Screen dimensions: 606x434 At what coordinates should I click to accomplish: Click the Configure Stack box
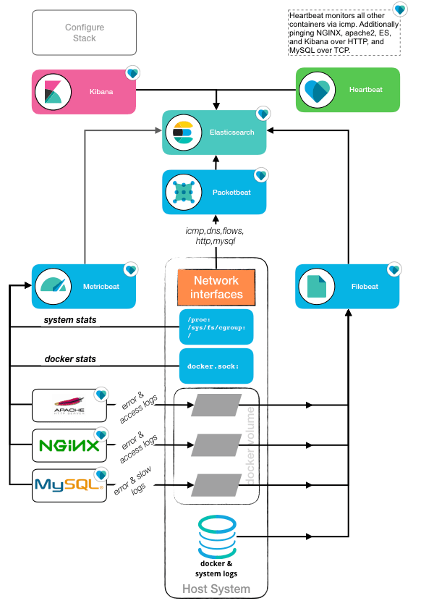[85, 33]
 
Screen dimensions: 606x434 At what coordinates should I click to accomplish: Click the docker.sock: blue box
[216, 366]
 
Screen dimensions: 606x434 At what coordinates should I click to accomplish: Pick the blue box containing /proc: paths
[216, 327]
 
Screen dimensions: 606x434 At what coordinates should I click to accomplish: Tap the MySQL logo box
[69, 486]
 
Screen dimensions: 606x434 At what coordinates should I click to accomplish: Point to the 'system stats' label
[70, 320]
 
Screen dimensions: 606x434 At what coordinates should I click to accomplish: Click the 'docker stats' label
[70, 359]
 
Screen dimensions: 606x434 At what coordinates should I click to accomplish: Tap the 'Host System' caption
[216, 589]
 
